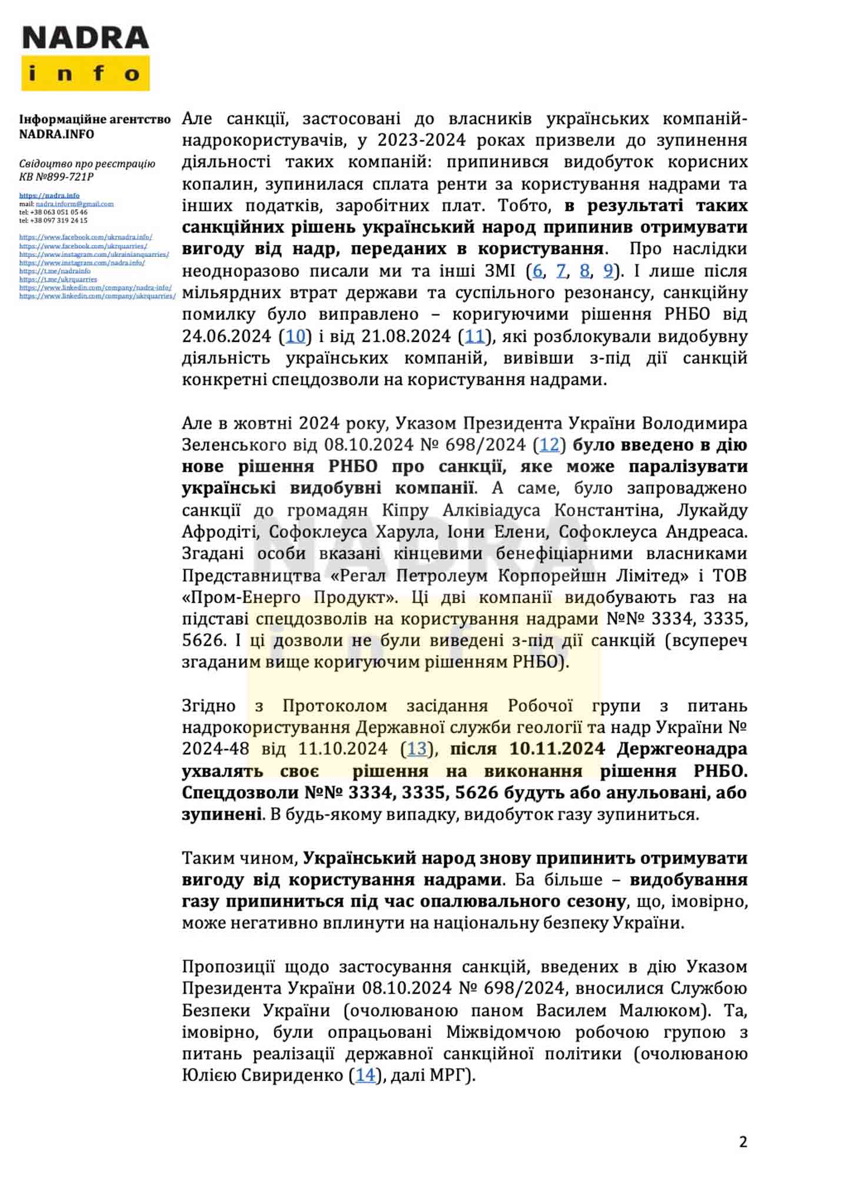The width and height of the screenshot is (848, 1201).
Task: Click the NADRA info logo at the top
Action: pyautogui.click(x=85, y=58)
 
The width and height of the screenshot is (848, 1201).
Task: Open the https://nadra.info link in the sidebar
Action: pyautogui.click(x=49, y=195)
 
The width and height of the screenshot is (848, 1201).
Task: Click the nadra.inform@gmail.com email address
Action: pyautogui.click(x=75, y=204)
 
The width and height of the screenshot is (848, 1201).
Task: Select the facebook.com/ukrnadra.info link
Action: pyautogui.click(x=86, y=237)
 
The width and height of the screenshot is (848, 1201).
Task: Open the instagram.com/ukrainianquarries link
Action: pyautogui.click(x=94, y=254)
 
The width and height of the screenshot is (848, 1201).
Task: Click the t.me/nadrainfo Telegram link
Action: pyautogui.click(x=55, y=271)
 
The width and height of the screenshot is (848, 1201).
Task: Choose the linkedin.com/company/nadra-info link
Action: pyautogui.click(x=95, y=287)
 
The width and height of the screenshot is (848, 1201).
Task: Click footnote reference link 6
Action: pyautogui.click(x=537, y=271)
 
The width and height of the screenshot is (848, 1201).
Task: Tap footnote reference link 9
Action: pyautogui.click(x=608, y=271)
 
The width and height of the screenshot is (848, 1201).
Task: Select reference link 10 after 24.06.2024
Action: pyautogui.click(x=295, y=336)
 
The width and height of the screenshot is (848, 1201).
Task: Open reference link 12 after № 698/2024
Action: pyautogui.click(x=549, y=444)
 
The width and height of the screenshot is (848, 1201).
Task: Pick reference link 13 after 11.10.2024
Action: pyautogui.click(x=417, y=749)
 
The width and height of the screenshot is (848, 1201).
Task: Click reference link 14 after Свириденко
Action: pyautogui.click(x=365, y=1075)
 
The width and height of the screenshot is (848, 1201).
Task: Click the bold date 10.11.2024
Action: pyautogui.click(x=557, y=749)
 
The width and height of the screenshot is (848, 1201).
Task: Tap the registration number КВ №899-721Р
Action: pyautogui.click(x=56, y=177)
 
